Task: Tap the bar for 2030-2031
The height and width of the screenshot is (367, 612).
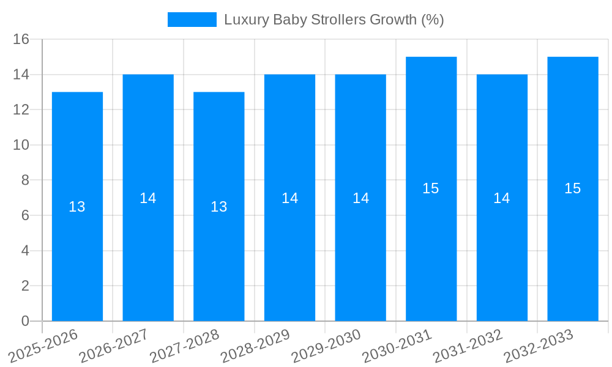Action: pos(431,245)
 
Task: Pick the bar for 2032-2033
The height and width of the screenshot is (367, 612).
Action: pos(573,245)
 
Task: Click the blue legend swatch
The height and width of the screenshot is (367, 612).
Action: pos(192,20)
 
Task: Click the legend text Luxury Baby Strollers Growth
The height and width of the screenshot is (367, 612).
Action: pos(334,20)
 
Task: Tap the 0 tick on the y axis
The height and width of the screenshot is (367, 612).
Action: pos(25,321)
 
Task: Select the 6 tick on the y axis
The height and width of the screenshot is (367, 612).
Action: pos(25,215)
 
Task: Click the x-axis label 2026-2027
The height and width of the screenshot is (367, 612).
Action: pos(114,346)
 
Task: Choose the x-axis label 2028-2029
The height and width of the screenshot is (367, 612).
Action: pos(256,346)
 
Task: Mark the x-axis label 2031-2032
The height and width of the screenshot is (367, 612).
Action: pos(468,346)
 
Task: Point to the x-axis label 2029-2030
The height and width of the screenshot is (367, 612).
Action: pos(327,346)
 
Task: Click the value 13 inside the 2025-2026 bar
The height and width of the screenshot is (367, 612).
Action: pos(77,207)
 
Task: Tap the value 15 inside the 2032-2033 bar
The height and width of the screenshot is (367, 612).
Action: pos(573,188)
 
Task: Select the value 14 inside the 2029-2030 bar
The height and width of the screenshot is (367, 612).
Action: pos(360,198)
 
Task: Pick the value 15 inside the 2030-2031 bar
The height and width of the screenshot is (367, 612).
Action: pos(431,188)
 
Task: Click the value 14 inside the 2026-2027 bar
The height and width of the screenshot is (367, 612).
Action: pos(148,198)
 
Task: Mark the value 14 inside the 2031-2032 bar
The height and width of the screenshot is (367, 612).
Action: pos(502,198)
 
